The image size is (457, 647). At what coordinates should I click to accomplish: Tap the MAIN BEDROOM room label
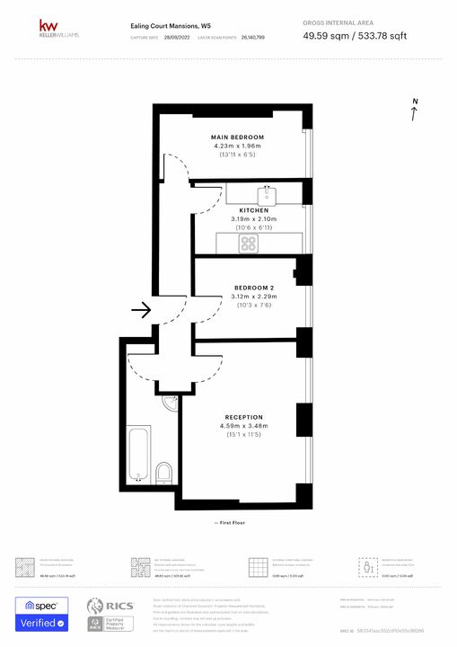click(x=237, y=137)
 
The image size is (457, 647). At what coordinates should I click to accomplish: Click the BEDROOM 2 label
click(x=254, y=288)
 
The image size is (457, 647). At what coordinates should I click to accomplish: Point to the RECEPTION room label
click(x=244, y=417)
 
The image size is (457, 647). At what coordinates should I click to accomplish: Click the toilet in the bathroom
click(x=163, y=472)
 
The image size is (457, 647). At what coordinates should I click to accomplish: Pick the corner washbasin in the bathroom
click(x=170, y=404)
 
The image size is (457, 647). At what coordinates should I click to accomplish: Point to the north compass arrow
click(x=414, y=111)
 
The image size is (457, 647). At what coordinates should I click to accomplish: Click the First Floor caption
click(x=231, y=522)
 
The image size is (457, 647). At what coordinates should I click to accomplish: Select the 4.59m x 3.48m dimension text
click(x=245, y=426)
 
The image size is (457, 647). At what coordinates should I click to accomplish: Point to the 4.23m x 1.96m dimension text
click(x=237, y=146)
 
